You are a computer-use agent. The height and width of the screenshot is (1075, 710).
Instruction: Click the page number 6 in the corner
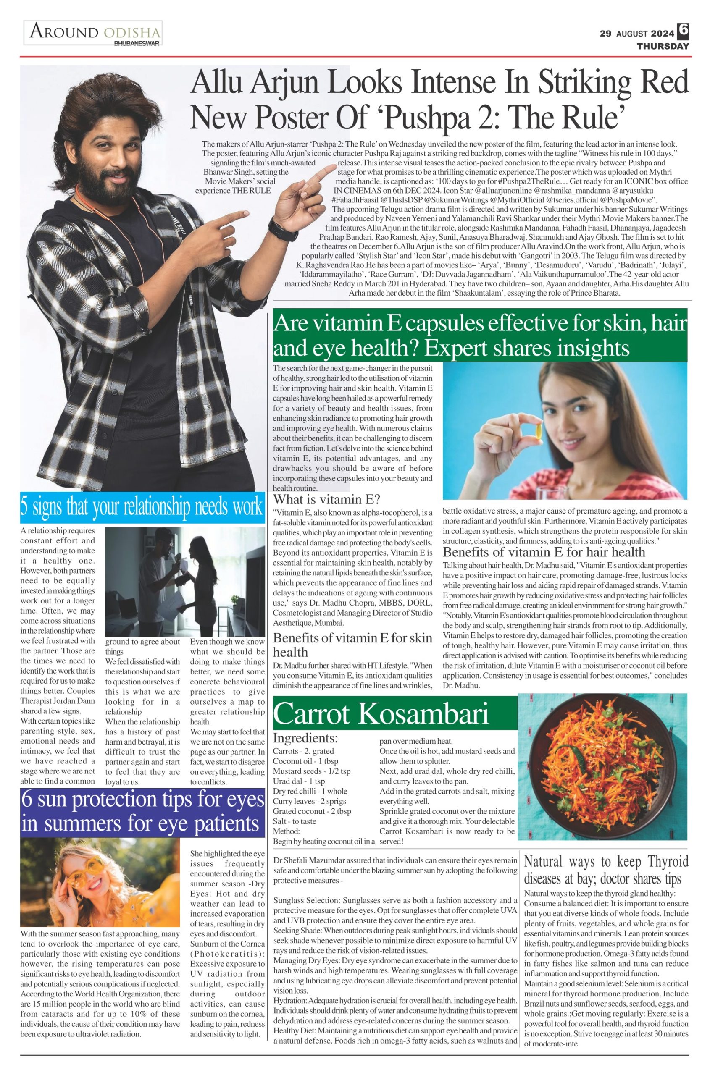click(x=683, y=30)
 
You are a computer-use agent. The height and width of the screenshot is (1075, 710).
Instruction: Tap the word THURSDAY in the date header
click(x=663, y=46)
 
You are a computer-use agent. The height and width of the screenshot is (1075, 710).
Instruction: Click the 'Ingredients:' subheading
click(x=305, y=738)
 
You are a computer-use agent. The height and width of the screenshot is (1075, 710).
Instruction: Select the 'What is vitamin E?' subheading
click(x=326, y=499)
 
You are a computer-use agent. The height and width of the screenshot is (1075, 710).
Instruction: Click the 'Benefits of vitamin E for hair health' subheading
click(x=544, y=552)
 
